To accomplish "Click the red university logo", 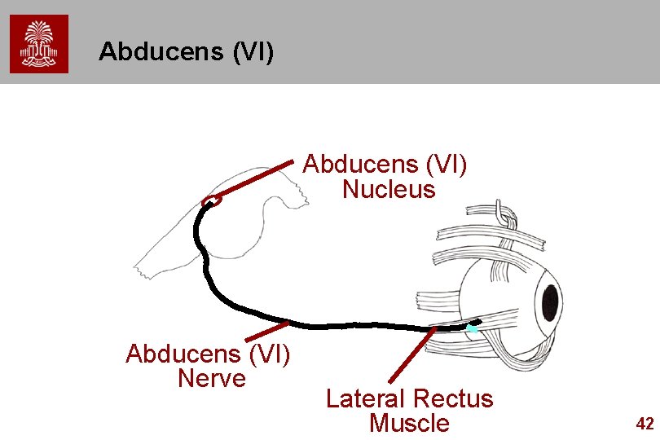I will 39,44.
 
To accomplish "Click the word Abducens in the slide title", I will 161,52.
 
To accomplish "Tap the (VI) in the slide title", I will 253,52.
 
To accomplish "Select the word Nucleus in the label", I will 389,190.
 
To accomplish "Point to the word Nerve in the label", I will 210,379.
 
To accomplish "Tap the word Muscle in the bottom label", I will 409,424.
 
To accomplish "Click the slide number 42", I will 645,424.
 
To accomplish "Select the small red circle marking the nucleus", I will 212,200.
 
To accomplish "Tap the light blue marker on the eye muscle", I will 471,329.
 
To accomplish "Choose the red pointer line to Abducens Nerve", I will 267,332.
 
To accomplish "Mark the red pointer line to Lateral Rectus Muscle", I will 410,356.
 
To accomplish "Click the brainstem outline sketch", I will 244,228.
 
